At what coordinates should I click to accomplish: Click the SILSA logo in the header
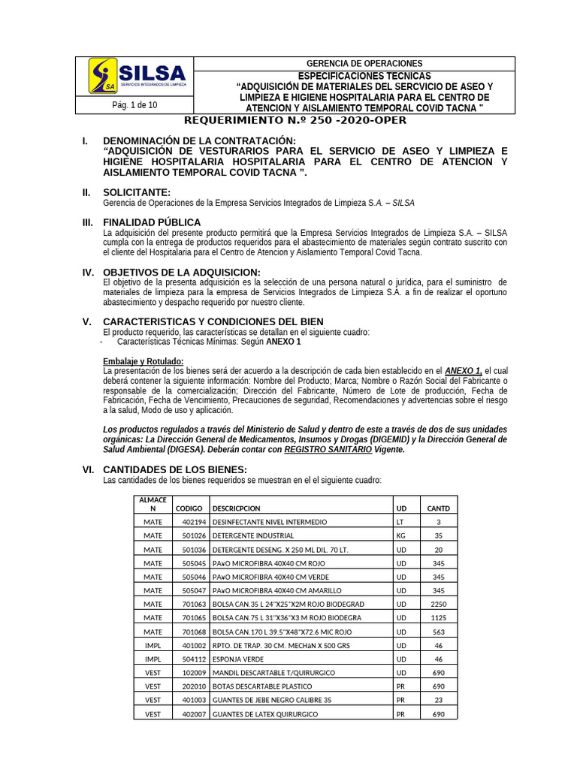coord(137,77)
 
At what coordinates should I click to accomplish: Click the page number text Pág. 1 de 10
coord(134,105)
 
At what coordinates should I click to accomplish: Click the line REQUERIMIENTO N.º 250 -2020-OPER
coord(295,121)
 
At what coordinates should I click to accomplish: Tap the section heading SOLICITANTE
coord(137,193)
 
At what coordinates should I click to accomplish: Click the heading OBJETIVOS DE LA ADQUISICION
coord(181,272)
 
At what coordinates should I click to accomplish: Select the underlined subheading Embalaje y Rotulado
coord(143,361)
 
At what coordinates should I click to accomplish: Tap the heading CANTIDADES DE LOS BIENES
coord(163,469)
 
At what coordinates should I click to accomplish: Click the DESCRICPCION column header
coord(237,508)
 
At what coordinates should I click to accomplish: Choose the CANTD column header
coord(439,508)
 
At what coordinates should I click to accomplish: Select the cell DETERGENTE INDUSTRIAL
coord(253,535)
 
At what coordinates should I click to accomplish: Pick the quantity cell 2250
coord(439,605)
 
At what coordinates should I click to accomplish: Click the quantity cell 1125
coord(439,618)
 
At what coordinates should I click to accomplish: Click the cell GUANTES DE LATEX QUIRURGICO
coord(265,714)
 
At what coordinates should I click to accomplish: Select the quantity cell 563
coord(439,632)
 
